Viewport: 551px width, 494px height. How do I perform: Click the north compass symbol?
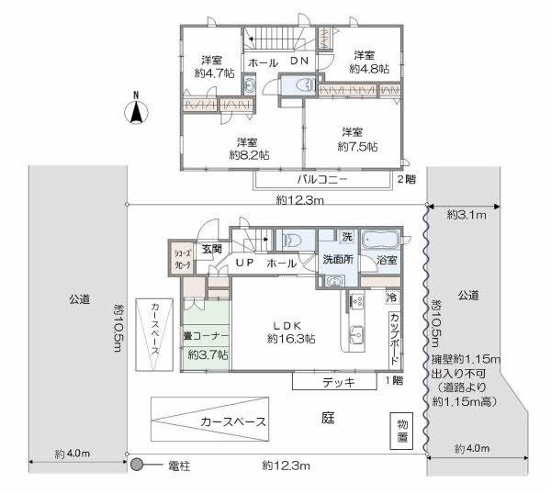[x=136, y=108]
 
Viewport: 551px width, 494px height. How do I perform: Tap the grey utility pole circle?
[x=136, y=465]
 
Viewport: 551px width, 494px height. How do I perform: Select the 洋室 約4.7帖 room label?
[x=214, y=67]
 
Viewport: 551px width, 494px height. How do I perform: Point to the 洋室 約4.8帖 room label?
[x=368, y=62]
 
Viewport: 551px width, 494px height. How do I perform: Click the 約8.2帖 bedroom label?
[x=249, y=149]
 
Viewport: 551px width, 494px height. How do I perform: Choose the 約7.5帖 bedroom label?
[x=357, y=140]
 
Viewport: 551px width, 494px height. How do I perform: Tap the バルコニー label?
[x=322, y=180]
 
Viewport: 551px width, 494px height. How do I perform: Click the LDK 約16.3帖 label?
[x=291, y=332]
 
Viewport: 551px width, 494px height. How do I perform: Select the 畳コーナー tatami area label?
[x=206, y=336]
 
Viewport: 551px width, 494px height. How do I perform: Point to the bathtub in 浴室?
[x=380, y=240]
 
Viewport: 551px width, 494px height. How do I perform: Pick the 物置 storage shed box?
[x=402, y=431]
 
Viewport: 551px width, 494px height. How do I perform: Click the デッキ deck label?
[x=338, y=382]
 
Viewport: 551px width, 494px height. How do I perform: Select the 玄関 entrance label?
[x=212, y=249]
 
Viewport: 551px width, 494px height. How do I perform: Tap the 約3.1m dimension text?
[x=467, y=215]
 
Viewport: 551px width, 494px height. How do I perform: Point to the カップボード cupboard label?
[x=395, y=340]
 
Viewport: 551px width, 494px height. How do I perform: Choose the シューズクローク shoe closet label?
[x=183, y=259]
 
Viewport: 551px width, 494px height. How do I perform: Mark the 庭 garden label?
[x=328, y=418]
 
